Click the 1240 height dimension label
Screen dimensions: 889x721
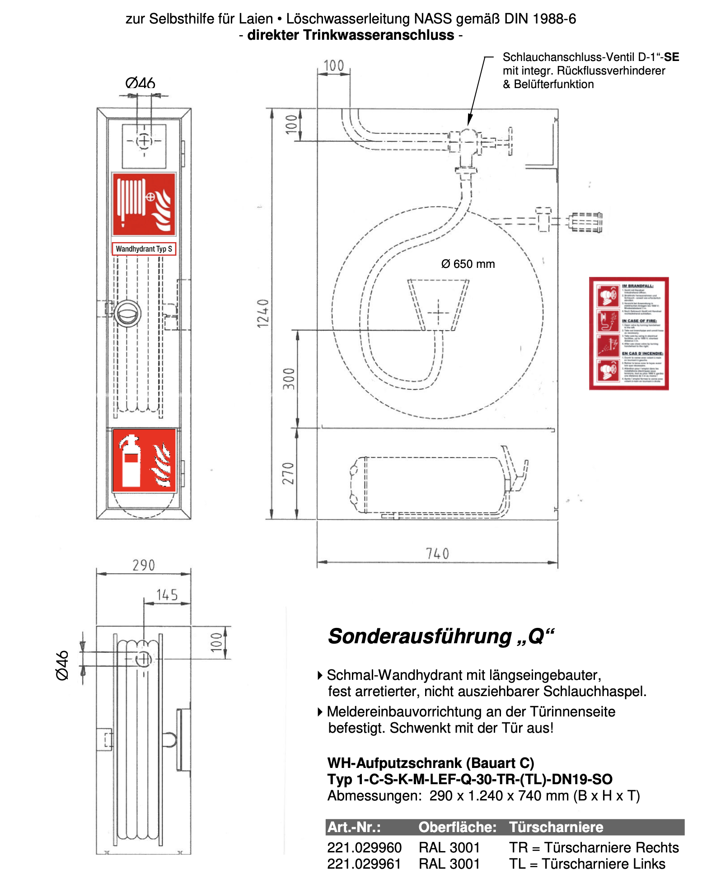click(263, 313)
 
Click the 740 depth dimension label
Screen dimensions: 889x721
click(437, 554)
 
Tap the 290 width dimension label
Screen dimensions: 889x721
click(144, 566)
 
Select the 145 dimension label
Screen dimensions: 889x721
click(167, 595)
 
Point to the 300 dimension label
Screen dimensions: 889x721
click(289, 379)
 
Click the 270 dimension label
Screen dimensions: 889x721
click(288, 473)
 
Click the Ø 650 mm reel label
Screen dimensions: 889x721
click(468, 264)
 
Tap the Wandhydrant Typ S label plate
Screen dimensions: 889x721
click(144, 249)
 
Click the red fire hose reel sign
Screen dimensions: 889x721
click(144, 204)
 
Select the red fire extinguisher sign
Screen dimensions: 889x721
click(144, 460)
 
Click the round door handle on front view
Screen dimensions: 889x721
click(127, 313)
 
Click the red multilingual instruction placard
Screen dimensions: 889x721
click(629, 333)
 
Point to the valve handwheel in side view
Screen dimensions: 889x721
click(510, 141)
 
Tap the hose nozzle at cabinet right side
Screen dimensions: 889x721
click(585, 222)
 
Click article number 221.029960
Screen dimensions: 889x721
click(364, 847)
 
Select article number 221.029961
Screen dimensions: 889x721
click(364, 864)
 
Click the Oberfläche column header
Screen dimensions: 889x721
click(457, 827)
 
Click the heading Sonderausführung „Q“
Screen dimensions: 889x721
click(440, 636)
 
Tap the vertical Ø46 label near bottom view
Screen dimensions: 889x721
click(62, 665)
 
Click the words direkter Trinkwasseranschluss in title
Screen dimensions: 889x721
click(351, 35)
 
